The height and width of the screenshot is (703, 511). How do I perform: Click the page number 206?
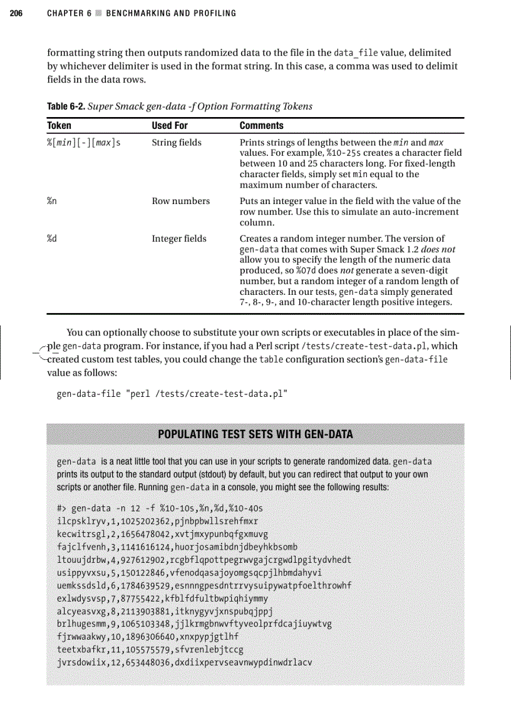coord(16,13)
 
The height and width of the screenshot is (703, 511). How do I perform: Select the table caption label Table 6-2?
coord(66,106)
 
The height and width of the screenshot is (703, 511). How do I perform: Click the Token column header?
coord(59,126)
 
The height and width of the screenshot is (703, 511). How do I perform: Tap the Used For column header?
coord(170,126)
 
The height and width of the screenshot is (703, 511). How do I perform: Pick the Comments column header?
coord(262,126)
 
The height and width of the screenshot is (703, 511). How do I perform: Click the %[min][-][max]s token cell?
coord(84,143)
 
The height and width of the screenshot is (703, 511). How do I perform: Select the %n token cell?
coord(53,201)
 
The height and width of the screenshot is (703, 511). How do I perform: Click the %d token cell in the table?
coord(53,239)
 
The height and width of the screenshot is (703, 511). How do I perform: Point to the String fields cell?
coord(177,143)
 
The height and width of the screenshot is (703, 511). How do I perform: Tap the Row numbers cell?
coord(181,201)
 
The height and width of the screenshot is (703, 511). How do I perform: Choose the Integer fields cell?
coord(179,239)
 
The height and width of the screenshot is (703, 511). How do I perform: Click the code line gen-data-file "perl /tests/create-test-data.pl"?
coord(172,394)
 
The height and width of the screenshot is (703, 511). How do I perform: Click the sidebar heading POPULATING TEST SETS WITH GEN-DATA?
coord(255,434)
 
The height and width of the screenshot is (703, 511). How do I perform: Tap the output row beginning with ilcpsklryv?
coord(158,521)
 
